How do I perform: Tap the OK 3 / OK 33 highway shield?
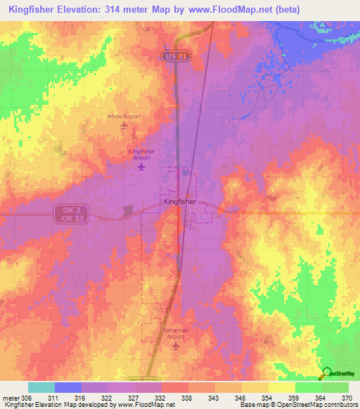(65, 214)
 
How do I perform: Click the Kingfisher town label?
(179, 202)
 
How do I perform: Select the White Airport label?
(124, 116)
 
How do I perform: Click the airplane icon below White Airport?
(124, 126)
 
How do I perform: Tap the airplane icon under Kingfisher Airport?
(142, 167)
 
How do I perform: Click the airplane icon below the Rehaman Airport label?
(176, 345)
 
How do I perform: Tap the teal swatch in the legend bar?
(41, 387)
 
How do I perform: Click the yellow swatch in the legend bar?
(281, 387)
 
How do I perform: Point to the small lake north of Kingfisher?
(184, 171)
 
